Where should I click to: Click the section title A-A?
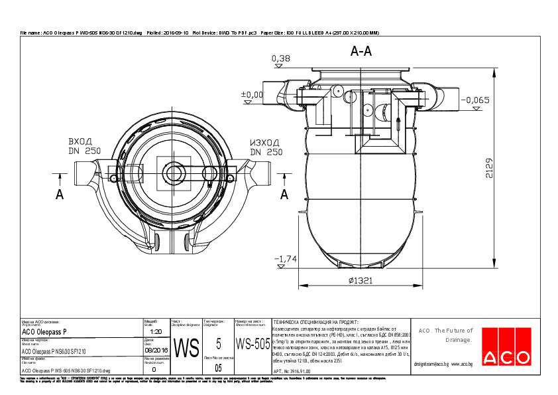pos(361,50)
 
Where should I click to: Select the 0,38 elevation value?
pos(281,59)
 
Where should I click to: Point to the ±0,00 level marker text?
pos(251,94)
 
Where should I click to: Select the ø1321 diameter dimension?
pos(360,280)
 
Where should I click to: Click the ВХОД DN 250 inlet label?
pos(84,147)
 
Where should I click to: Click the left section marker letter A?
pos(60,194)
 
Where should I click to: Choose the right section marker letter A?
pos(284,194)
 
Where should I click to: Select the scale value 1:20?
pos(156,331)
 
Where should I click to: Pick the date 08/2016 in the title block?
pos(156,350)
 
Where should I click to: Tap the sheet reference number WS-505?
pos(252,344)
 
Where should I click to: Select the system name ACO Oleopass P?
pos(44,331)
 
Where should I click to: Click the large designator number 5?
pos(218,343)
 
